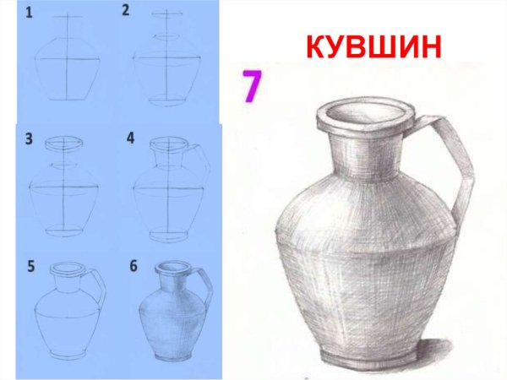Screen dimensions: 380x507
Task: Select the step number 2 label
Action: click(x=126, y=11)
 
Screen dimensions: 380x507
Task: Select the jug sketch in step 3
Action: click(x=64, y=190)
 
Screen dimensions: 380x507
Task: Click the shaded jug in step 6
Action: click(x=168, y=317)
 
